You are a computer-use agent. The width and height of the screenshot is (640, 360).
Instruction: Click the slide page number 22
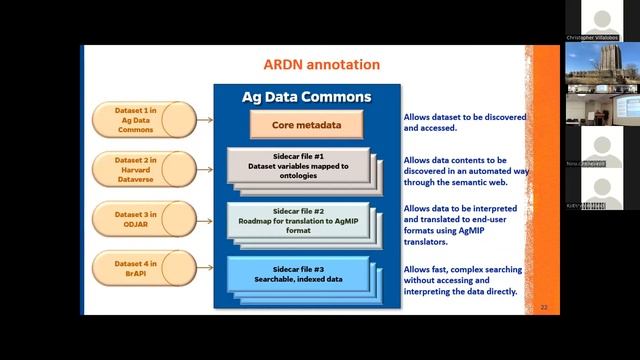[x=544, y=306]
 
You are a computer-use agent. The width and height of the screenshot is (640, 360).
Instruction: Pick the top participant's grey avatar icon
[x=602, y=20]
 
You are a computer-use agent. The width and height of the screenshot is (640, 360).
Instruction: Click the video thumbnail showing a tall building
[x=602, y=62]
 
